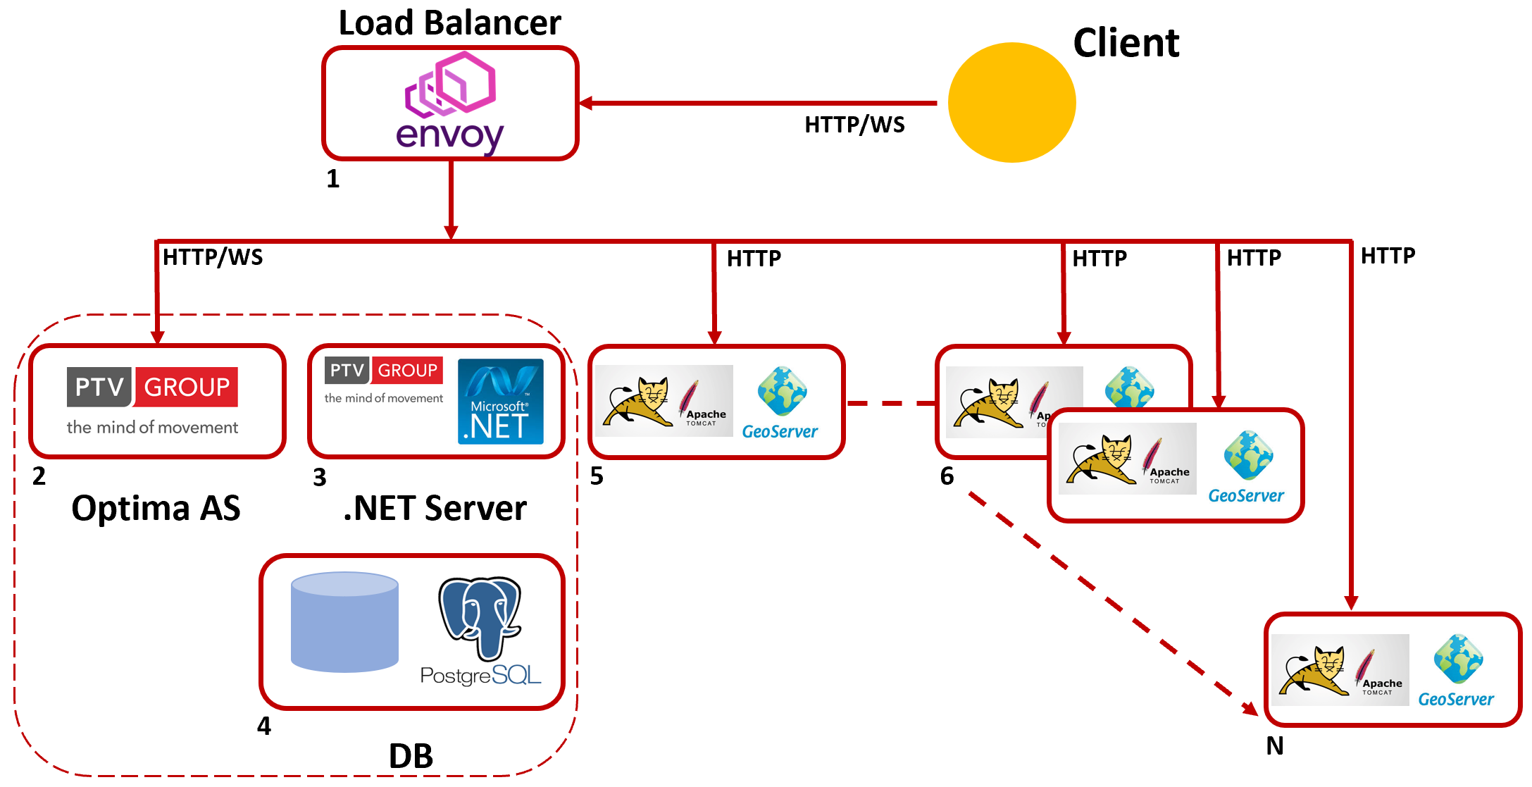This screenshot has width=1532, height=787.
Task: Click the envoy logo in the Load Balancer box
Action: coord(450,102)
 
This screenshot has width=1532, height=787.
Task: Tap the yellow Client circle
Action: coord(1011,103)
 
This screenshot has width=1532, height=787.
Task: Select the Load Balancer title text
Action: coord(449,23)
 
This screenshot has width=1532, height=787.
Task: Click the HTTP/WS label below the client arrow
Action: coord(854,125)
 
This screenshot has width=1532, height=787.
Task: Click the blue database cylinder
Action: coord(344,621)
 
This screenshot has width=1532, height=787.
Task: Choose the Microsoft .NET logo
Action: coord(500,402)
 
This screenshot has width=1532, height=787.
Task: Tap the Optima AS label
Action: coord(156,508)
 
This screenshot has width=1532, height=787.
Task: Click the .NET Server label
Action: coord(435,508)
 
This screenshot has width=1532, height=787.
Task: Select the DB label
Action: coord(411,756)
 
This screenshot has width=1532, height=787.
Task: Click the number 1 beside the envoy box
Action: coord(333,179)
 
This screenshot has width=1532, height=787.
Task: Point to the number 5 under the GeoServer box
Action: coord(597,477)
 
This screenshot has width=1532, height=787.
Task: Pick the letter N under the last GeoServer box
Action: coord(1274,745)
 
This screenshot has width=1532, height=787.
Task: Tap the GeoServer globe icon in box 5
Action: coord(782,391)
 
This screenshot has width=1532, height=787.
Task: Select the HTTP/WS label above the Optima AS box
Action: coord(213,257)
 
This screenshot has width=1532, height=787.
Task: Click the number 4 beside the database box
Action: coord(264,726)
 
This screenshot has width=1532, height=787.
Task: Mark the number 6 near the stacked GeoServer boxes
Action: coord(947,476)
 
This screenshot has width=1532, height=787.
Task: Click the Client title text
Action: coord(1126,43)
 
